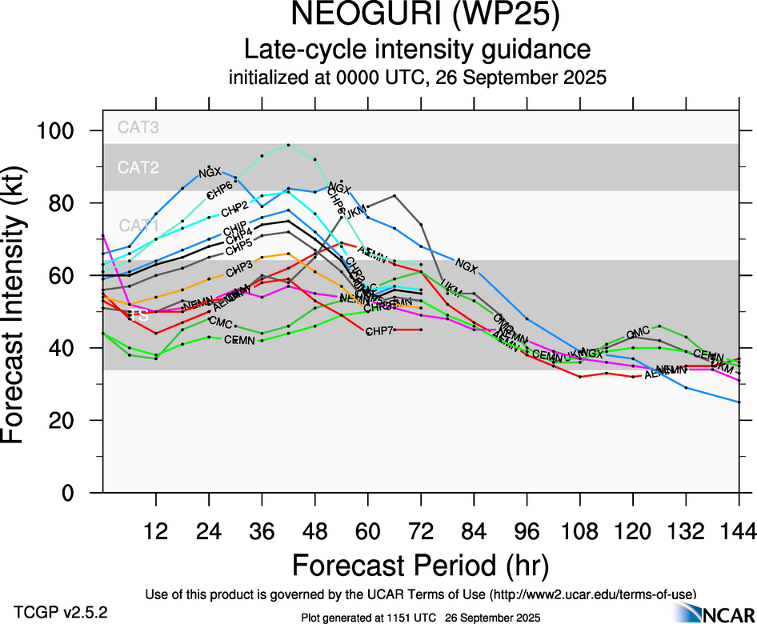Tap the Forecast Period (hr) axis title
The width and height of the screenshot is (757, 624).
420,566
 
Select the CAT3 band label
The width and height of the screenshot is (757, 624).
138,126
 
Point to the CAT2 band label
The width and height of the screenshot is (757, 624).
138,167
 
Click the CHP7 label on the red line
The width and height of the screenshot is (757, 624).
380,331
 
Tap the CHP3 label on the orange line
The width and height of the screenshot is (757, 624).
239,266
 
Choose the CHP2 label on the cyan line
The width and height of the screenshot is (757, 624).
234,210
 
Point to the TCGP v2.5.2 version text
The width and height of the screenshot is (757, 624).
60,612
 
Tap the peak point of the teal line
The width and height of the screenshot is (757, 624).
288,145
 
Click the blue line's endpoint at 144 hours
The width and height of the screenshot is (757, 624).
739,402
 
